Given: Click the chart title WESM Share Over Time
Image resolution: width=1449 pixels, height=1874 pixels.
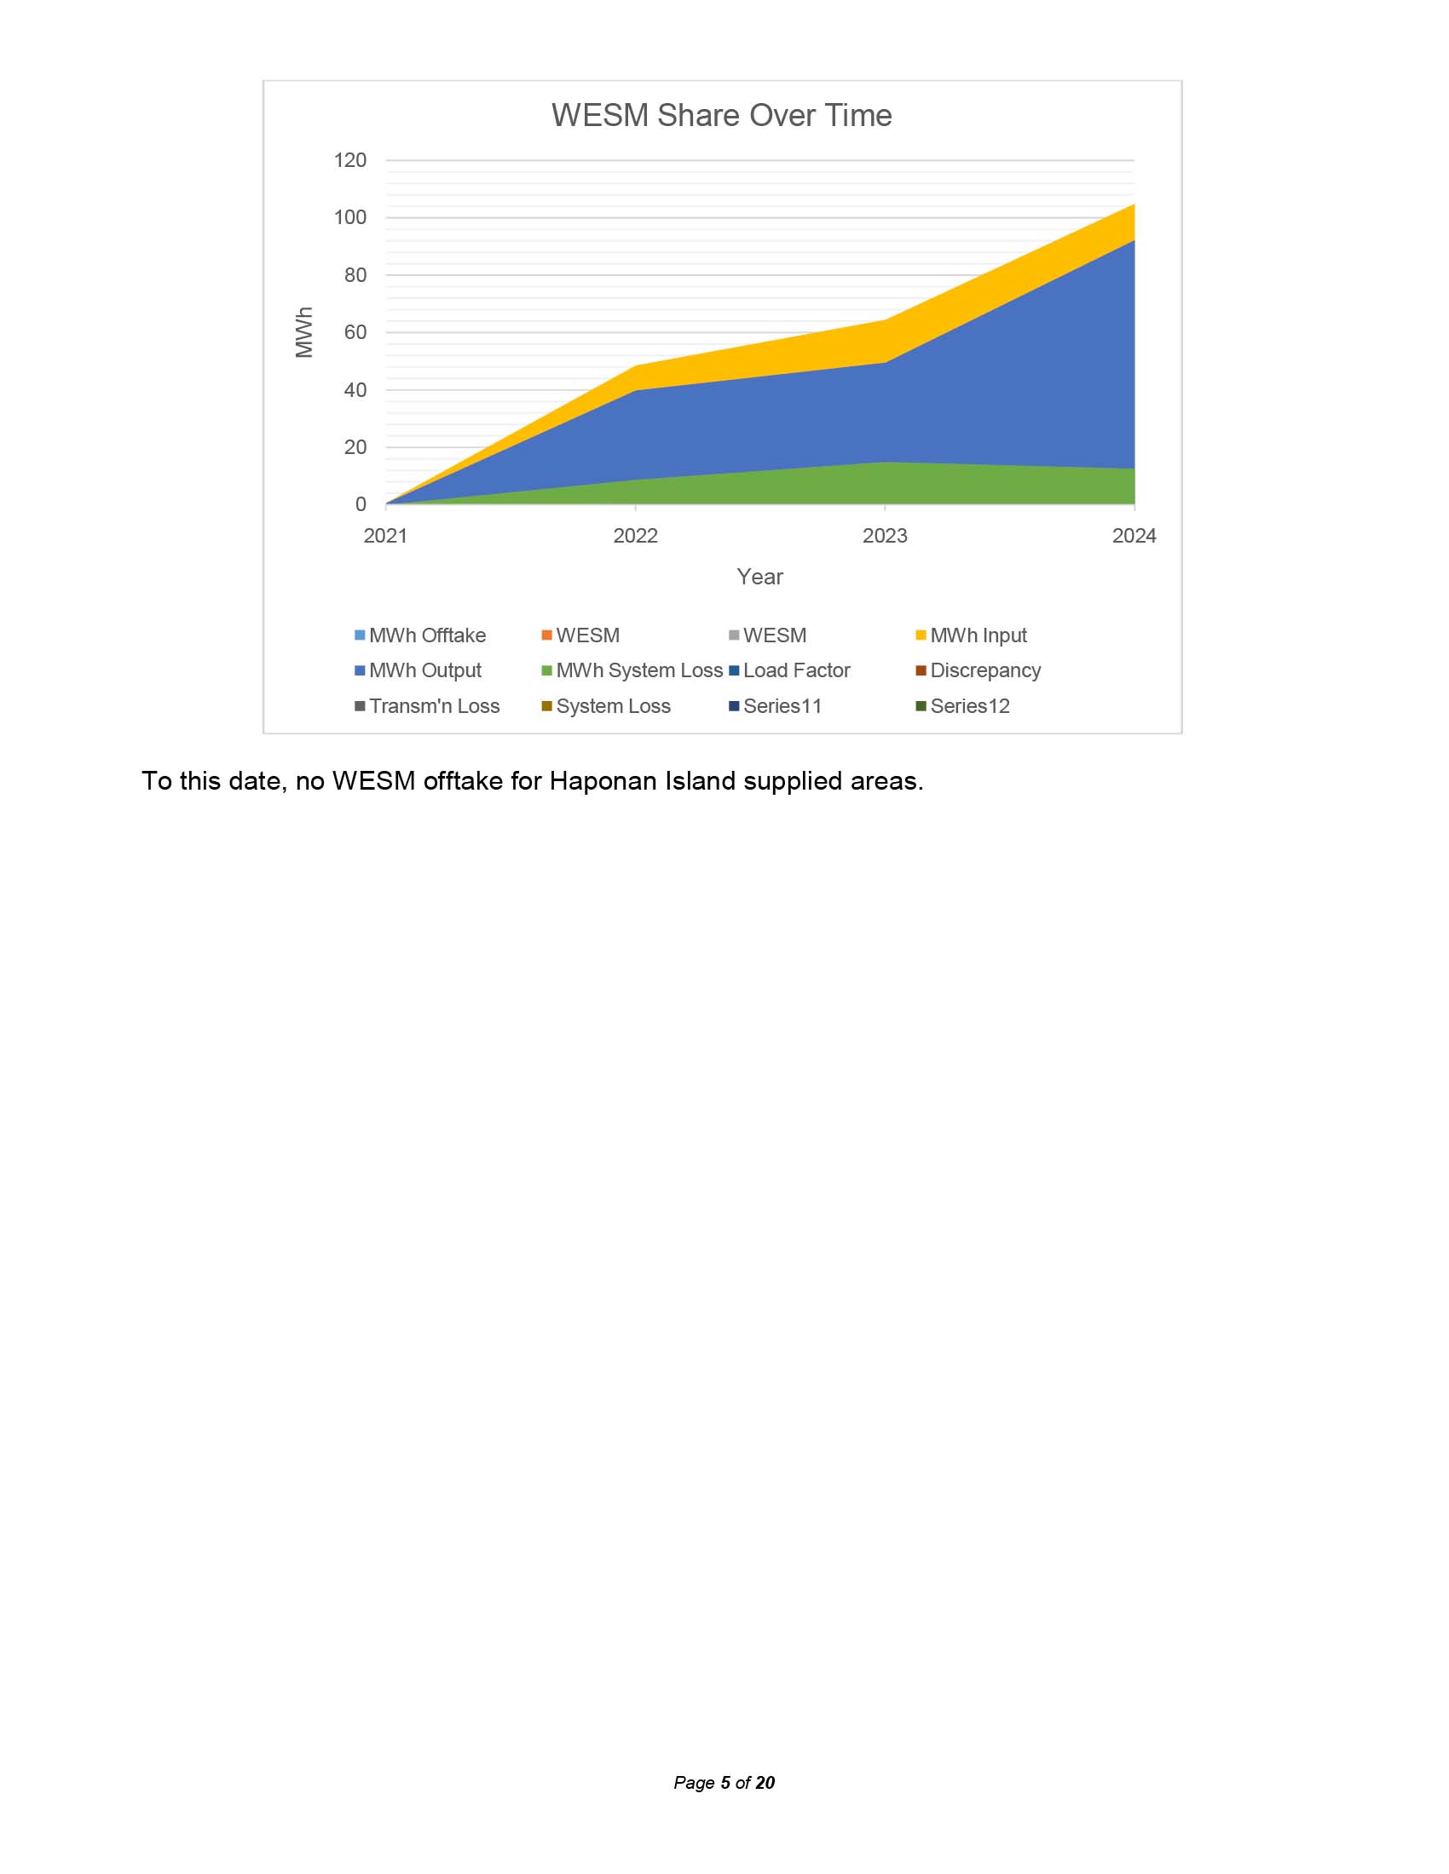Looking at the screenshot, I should (721, 115).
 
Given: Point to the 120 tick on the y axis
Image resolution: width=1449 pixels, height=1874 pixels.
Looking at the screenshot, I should (350, 160).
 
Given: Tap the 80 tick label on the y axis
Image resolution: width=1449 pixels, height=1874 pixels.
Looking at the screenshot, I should (355, 275).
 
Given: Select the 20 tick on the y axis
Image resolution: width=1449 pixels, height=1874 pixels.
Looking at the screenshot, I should (355, 447).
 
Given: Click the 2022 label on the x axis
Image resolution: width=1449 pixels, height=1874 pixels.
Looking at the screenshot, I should (635, 537).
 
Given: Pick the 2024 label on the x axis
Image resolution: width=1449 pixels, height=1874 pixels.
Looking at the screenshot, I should (1134, 537).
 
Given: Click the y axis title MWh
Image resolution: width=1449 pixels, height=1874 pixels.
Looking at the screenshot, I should (304, 332).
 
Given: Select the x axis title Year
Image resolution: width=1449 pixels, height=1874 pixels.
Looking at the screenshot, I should (759, 577).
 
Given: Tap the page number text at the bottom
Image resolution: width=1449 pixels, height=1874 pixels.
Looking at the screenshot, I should (724, 1782).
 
